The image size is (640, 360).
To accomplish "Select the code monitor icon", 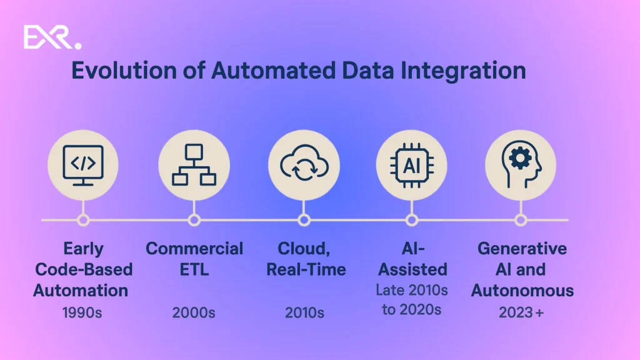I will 83,165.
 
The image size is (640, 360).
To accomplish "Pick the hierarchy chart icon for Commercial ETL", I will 194,165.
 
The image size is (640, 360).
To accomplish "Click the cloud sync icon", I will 304,165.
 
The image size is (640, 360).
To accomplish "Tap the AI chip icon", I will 411,165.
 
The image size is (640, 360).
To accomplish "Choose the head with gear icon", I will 521,165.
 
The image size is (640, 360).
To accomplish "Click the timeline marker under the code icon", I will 83,220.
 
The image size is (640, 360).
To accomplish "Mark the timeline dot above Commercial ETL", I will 194,220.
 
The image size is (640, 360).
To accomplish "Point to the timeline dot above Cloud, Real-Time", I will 304,220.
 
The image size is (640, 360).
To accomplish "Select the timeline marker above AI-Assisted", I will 412,220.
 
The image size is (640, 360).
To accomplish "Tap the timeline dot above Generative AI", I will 521,220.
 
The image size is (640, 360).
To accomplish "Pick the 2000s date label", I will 194,312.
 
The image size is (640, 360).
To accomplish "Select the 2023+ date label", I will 521,312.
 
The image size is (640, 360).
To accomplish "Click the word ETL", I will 194,270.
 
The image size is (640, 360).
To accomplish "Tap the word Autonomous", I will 522,291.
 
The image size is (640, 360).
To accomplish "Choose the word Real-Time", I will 306,270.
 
